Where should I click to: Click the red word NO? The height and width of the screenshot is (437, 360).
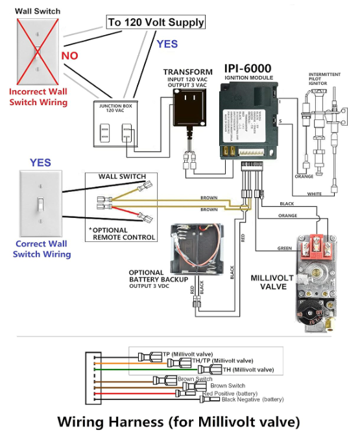tap(69, 56)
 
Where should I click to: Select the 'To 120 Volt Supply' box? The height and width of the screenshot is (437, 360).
tap(156, 23)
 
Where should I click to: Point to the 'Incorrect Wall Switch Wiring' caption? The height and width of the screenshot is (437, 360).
tap(38, 97)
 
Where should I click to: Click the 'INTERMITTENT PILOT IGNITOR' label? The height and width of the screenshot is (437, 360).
tap(325, 78)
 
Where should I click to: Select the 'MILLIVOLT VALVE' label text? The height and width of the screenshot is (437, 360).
tap(272, 282)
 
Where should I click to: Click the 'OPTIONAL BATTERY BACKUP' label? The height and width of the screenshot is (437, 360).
tap(158, 276)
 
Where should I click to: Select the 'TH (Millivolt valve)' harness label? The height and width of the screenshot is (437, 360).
tap(248, 370)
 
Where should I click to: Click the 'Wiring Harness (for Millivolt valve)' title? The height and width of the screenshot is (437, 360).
tap(179, 422)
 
